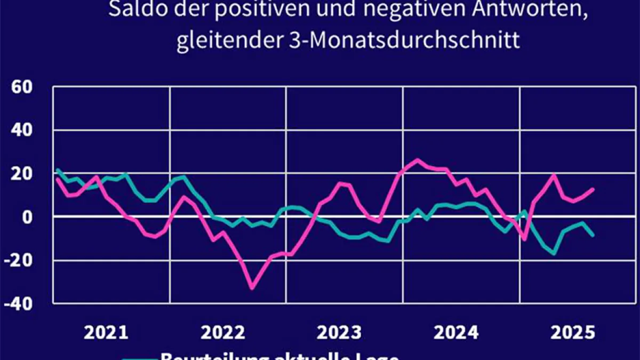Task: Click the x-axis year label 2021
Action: (x=107, y=333)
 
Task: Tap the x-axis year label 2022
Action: (x=223, y=333)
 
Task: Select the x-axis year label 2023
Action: (x=340, y=333)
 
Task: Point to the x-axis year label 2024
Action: (x=457, y=333)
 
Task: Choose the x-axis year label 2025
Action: (x=573, y=333)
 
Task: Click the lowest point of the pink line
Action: (x=252, y=288)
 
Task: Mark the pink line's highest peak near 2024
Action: (x=417, y=159)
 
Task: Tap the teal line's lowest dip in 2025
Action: (x=554, y=253)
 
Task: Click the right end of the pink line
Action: (x=593, y=189)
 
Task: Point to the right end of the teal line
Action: (x=593, y=235)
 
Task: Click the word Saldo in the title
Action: (x=131, y=10)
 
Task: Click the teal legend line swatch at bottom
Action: (x=140, y=358)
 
